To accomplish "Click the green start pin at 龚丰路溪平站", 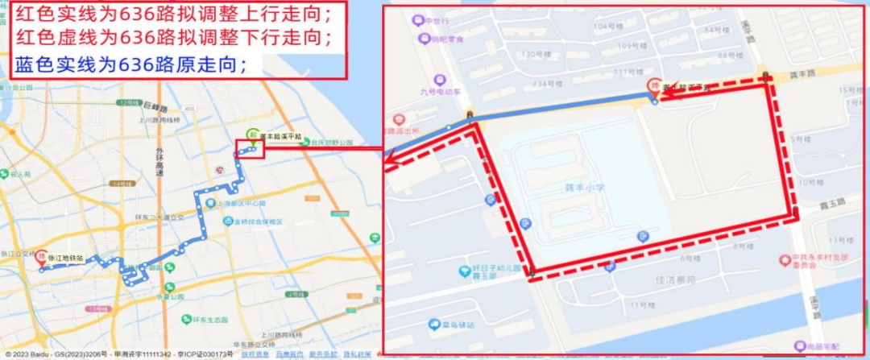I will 251,135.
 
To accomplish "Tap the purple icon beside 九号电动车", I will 439,80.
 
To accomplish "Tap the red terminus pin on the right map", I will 653,87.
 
